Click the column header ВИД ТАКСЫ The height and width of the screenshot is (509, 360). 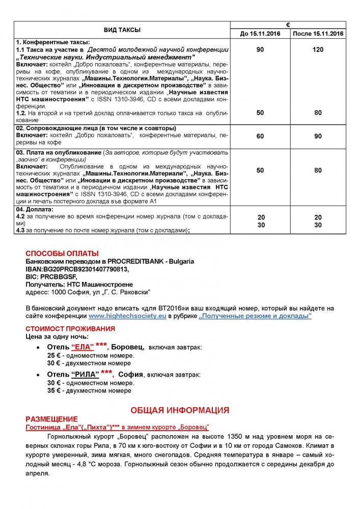123,30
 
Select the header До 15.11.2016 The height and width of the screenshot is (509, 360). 260,34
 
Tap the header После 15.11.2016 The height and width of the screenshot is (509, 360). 318,34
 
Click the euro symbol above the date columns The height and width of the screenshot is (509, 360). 288,24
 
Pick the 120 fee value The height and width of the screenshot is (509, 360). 318,50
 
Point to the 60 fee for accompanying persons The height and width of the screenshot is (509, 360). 260,136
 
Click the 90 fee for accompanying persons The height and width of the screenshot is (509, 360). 318,136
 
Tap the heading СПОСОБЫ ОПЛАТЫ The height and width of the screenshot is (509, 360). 62,253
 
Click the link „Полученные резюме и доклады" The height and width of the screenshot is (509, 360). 256,316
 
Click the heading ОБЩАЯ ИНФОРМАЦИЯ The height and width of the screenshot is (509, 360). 180,410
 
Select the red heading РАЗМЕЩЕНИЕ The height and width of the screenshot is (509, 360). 51,418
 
